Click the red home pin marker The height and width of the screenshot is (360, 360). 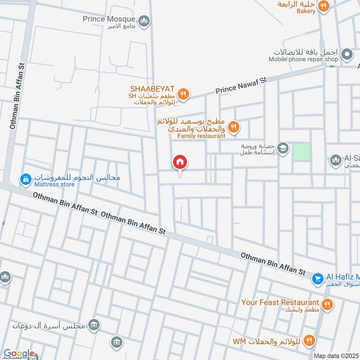click(x=180, y=162)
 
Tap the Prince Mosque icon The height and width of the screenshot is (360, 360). click(x=144, y=21)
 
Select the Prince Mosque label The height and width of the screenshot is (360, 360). click(x=109, y=19)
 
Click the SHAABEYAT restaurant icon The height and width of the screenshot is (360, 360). click(x=183, y=94)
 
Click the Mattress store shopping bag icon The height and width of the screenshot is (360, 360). click(x=25, y=180)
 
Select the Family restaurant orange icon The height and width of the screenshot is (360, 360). click(x=233, y=127)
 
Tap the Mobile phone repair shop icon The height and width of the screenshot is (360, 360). click(x=346, y=55)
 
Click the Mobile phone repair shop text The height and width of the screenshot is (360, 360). click(x=303, y=59)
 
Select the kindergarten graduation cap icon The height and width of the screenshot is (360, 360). click(x=283, y=148)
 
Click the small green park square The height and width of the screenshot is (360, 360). click(x=302, y=152)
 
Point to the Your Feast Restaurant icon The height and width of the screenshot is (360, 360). click(x=327, y=305)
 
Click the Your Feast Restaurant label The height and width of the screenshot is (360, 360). click(x=280, y=302)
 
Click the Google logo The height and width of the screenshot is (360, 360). click(x=19, y=353)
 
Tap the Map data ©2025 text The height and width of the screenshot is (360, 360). click(x=336, y=355)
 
